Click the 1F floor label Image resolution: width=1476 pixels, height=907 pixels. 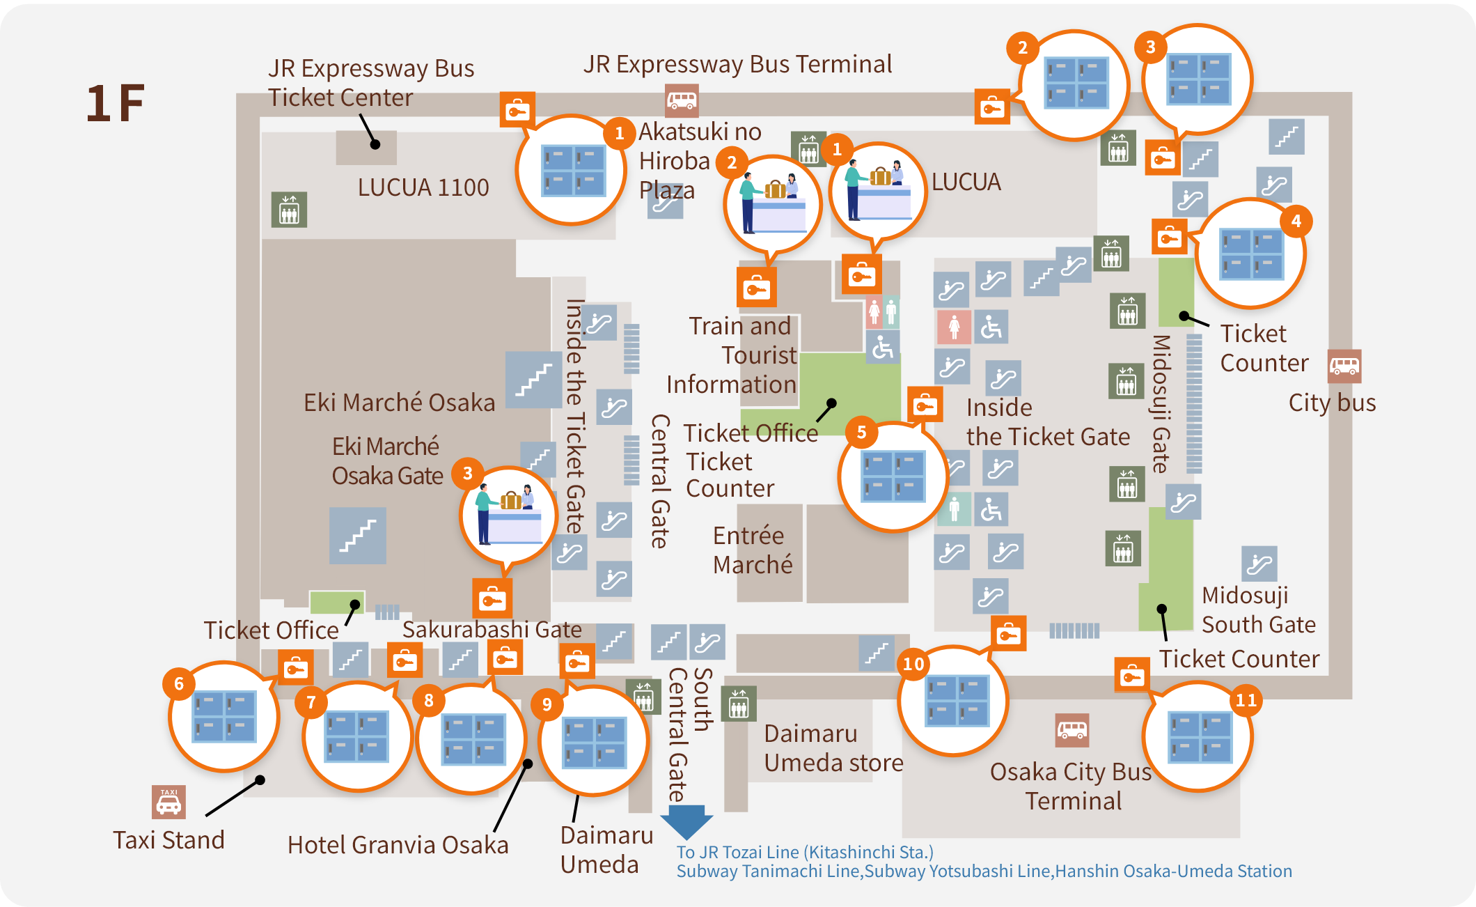tap(116, 103)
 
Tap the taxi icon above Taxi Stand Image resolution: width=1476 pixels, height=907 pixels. tap(168, 802)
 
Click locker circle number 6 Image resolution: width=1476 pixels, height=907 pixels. tap(223, 717)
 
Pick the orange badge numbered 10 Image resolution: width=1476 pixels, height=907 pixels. tap(913, 664)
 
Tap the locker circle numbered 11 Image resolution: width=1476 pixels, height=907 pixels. tap(1198, 736)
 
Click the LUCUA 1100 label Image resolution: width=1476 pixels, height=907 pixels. tap(423, 187)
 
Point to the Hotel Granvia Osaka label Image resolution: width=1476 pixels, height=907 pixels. tap(398, 845)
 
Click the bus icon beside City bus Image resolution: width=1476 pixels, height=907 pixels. tap(1344, 366)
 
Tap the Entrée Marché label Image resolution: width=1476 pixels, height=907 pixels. tap(752, 550)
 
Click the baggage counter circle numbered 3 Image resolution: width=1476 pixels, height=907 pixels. tap(509, 515)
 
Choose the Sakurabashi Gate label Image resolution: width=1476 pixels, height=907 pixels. tap(492, 629)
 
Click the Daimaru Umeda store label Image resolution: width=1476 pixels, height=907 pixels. tap(833, 748)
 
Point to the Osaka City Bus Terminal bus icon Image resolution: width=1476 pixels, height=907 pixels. tap(1071, 730)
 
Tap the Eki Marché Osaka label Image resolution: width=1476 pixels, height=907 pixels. tap(399, 403)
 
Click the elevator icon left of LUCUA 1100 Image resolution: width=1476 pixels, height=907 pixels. tap(289, 210)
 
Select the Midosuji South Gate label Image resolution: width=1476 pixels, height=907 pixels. tap(1258, 610)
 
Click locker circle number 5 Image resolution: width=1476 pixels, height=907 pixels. tap(893, 476)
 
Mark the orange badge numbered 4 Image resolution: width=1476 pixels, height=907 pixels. tap(1296, 222)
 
